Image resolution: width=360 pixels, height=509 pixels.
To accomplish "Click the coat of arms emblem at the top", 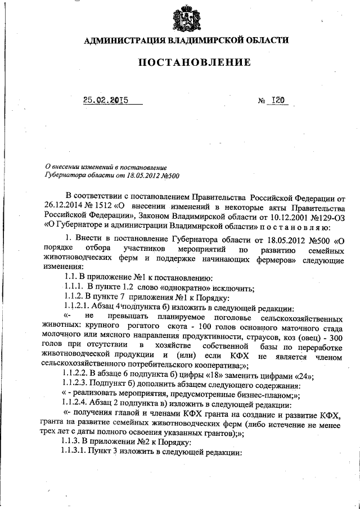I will pos(186,18).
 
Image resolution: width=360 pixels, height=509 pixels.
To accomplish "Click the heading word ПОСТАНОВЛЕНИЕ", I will pos(186,62).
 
